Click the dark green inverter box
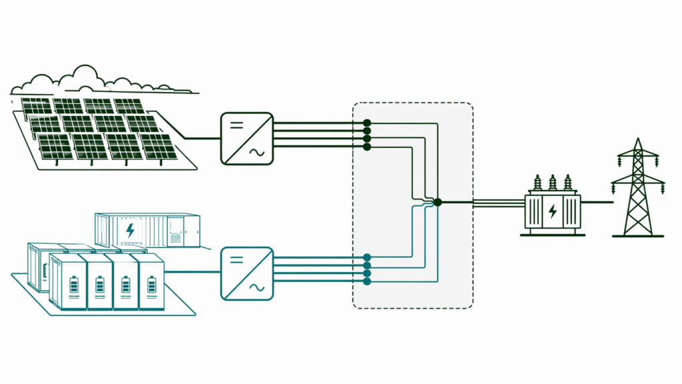246,139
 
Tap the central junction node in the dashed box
437,201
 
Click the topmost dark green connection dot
367,123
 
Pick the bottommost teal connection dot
367,281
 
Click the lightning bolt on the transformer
552,212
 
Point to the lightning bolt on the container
131,231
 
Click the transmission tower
638,190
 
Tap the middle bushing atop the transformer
552,183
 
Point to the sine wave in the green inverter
256,153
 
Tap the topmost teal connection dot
367,257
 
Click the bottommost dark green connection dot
367,146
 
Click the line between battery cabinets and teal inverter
193,272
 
